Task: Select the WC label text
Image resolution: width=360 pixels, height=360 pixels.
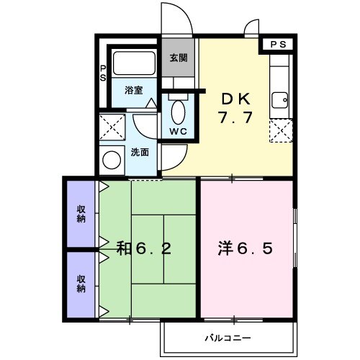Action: (177, 131)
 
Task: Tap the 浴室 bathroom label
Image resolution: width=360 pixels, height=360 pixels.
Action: (133, 90)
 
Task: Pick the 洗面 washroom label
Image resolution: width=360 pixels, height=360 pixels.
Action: (140, 152)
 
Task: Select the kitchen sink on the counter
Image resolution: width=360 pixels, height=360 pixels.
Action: (279, 99)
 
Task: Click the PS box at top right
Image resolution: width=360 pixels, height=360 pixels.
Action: (277, 45)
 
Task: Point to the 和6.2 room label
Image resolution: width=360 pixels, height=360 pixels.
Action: (144, 250)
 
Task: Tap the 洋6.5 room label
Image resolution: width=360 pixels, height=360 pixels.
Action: (246, 250)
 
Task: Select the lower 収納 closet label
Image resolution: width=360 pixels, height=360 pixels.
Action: (82, 283)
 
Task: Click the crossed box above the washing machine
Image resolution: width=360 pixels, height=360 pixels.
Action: (112, 127)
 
